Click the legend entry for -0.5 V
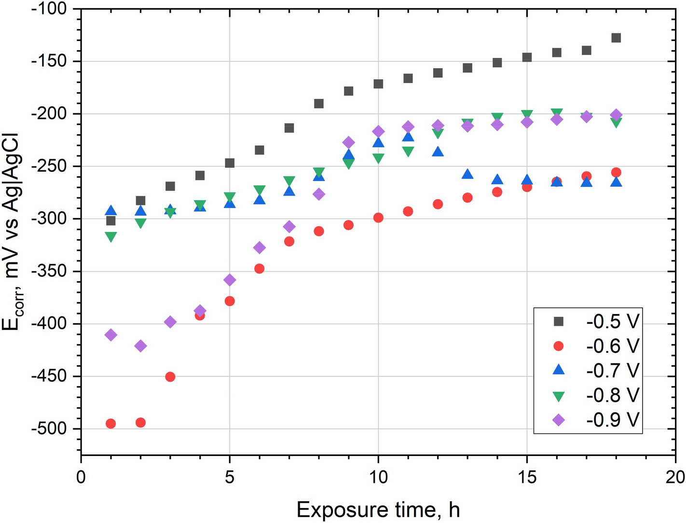click(x=598, y=321)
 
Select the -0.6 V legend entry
click(x=598, y=346)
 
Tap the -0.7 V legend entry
click(x=598, y=371)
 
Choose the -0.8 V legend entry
click(x=598, y=395)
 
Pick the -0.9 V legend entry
click(x=598, y=420)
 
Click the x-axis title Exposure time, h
click(x=378, y=509)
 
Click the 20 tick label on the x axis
click(x=675, y=477)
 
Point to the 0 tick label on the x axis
click(x=81, y=477)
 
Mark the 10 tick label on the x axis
click(x=378, y=477)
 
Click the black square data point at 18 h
click(x=616, y=38)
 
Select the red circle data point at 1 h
click(x=111, y=424)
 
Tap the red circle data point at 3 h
click(x=170, y=377)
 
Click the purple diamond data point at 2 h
click(x=140, y=346)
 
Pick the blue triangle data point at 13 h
click(x=467, y=174)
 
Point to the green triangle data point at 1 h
click(x=111, y=237)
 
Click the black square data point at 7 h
click(x=289, y=128)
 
